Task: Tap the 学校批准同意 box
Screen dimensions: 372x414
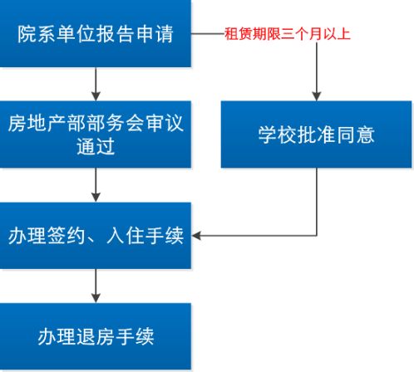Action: coord(316,135)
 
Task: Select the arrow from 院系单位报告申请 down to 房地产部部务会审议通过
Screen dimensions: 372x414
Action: coord(96,83)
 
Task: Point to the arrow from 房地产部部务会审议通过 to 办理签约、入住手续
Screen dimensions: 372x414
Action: coord(96,184)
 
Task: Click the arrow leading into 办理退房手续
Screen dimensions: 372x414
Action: coord(96,286)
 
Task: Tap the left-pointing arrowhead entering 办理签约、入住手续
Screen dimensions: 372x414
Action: coord(199,236)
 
